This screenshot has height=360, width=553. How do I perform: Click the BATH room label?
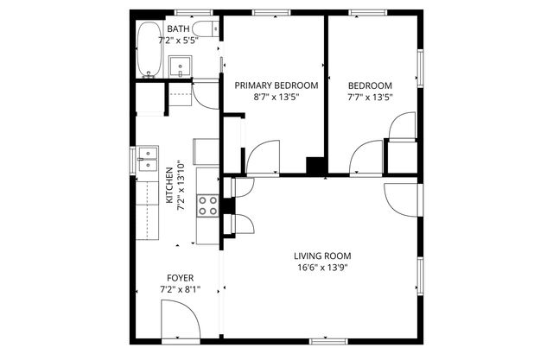pos(180,28)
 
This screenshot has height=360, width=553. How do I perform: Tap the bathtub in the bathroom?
pos(147,48)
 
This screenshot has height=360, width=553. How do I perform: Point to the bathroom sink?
pos(181,66)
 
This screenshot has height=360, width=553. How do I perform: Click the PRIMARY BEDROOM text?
pos(276,85)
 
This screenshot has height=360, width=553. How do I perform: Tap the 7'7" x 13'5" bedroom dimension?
pos(370,98)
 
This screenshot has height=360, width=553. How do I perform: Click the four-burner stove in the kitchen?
pos(207,205)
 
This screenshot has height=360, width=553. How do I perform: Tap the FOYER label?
pos(180,278)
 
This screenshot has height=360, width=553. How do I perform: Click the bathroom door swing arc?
pos(206,94)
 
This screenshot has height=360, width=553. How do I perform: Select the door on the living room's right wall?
pos(401,200)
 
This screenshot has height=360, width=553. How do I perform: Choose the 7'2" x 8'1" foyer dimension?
pos(180,290)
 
